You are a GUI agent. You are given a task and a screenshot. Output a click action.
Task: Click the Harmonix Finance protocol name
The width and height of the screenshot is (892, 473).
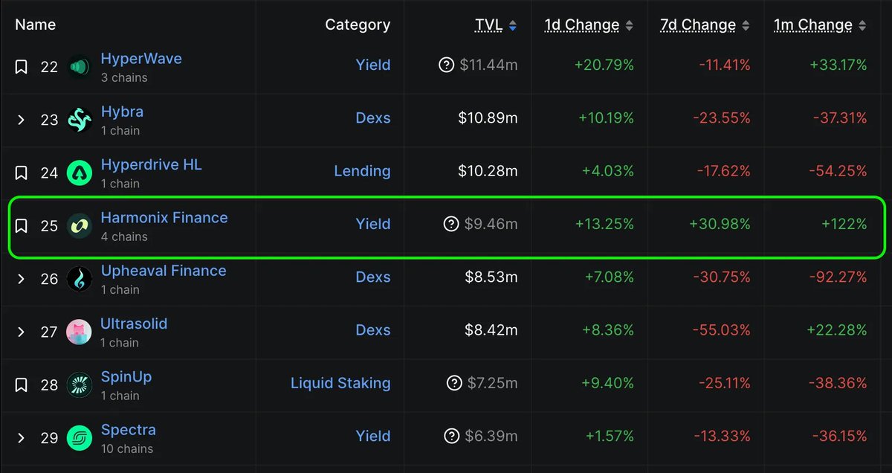[164, 218]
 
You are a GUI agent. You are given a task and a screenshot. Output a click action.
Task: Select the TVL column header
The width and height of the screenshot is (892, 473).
[488, 25]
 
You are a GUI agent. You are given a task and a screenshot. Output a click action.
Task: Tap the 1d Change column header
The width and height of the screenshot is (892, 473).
[581, 25]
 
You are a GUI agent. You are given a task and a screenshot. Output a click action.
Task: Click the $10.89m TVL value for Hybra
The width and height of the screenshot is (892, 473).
[488, 118]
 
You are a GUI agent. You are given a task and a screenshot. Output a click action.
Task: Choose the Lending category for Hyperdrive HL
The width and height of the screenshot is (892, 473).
[362, 171]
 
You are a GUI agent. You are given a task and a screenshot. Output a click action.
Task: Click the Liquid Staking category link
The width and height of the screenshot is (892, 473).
[340, 383]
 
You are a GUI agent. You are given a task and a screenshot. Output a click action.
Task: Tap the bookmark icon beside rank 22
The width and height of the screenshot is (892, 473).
[22, 67]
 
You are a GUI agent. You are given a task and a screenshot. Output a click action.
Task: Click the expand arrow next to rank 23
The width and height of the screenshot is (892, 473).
[22, 120]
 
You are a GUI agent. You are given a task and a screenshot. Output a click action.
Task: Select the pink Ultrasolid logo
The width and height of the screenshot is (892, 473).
[79, 332]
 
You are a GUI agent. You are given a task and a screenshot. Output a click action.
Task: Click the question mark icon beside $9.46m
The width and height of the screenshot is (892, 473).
[450, 224]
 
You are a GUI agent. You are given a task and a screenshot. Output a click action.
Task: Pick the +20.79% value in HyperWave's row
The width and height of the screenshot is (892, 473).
[604, 65]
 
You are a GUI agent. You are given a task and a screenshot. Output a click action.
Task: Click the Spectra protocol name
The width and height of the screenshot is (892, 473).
[128, 430]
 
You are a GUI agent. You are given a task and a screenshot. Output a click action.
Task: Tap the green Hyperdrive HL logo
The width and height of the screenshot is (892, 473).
[79, 173]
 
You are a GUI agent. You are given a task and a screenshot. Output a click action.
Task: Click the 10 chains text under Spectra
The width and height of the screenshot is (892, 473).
[126, 448]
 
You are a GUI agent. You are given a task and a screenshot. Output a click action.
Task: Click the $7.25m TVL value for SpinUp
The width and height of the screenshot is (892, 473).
[492, 383]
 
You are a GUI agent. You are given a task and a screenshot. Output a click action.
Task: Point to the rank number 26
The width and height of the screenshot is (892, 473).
[49, 279]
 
